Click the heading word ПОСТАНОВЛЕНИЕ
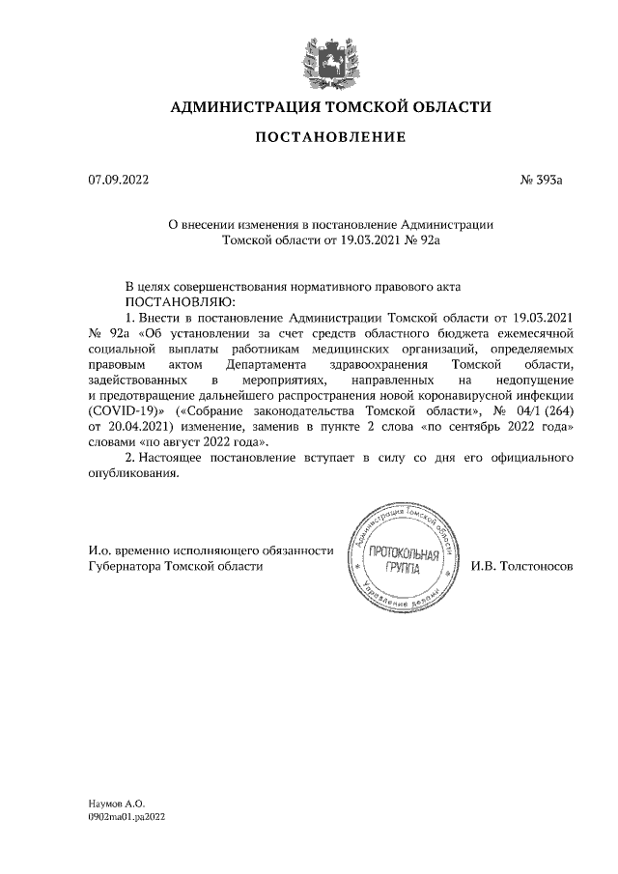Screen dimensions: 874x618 tap(329, 138)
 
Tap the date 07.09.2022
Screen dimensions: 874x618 tap(115, 180)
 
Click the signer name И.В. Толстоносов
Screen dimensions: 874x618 tap(521, 566)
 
